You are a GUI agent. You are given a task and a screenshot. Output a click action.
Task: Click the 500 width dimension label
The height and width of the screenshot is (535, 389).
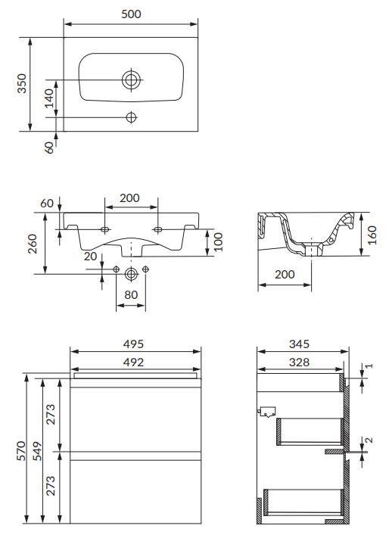[x=131, y=14]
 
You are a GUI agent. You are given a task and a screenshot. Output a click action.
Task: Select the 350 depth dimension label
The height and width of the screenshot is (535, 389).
[x=21, y=83]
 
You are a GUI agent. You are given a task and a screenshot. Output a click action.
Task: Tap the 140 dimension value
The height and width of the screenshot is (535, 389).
[x=49, y=98]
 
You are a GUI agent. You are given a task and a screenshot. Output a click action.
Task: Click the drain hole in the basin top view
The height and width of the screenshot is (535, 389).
[x=131, y=80]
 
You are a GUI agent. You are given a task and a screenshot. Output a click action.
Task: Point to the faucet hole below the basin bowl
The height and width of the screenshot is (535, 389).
[x=131, y=117]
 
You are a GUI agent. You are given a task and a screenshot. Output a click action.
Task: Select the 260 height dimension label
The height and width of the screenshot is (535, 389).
[x=33, y=244]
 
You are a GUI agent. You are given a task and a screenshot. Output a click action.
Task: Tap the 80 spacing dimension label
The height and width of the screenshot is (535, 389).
[x=131, y=295]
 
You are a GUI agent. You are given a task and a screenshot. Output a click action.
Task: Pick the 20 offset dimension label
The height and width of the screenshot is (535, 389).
[x=90, y=257]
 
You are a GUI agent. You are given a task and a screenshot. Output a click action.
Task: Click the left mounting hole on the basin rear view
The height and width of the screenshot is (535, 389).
[x=104, y=229]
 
